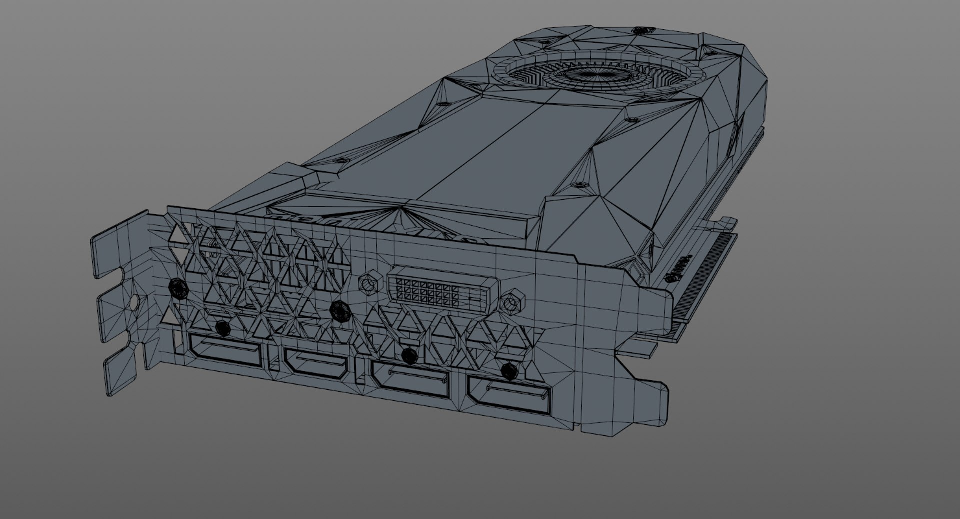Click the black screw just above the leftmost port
pyautogui.click(x=222, y=328)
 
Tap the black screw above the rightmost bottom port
pyautogui.click(x=508, y=370)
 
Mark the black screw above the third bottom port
pyautogui.click(x=409, y=356)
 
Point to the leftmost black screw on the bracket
pyautogui.click(x=177, y=288)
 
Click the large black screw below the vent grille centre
pyautogui.click(x=340, y=310)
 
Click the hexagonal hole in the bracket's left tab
pyautogui.click(x=134, y=303)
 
